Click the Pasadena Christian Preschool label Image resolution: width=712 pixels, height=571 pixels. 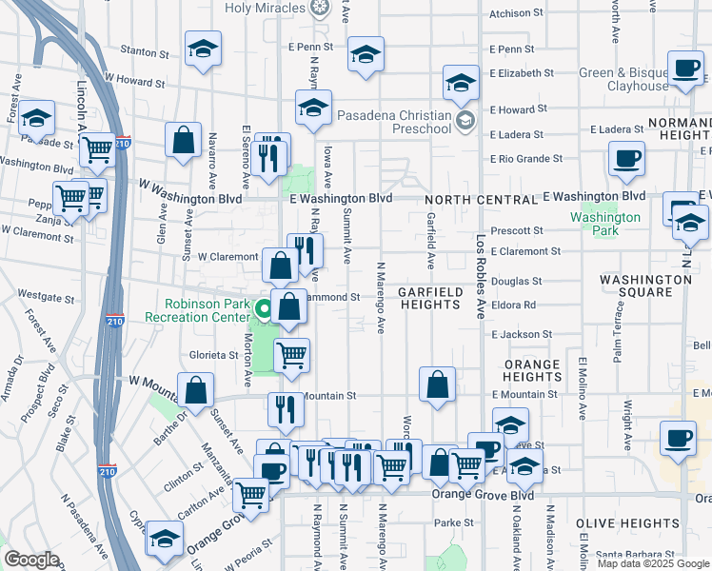click(394, 121)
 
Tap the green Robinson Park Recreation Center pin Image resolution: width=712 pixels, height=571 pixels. click(265, 309)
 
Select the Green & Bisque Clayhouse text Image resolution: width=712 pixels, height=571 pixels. click(638, 79)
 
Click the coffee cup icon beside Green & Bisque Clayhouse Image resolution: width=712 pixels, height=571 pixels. click(685, 68)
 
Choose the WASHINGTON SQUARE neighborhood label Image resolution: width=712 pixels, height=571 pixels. click(645, 285)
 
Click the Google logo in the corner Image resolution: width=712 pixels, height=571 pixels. click(31, 560)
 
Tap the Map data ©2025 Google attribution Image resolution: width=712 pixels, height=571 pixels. click(653, 563)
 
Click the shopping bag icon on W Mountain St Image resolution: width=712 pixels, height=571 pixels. click(195, 391)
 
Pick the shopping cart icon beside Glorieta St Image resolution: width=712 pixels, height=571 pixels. click(291, 355)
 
